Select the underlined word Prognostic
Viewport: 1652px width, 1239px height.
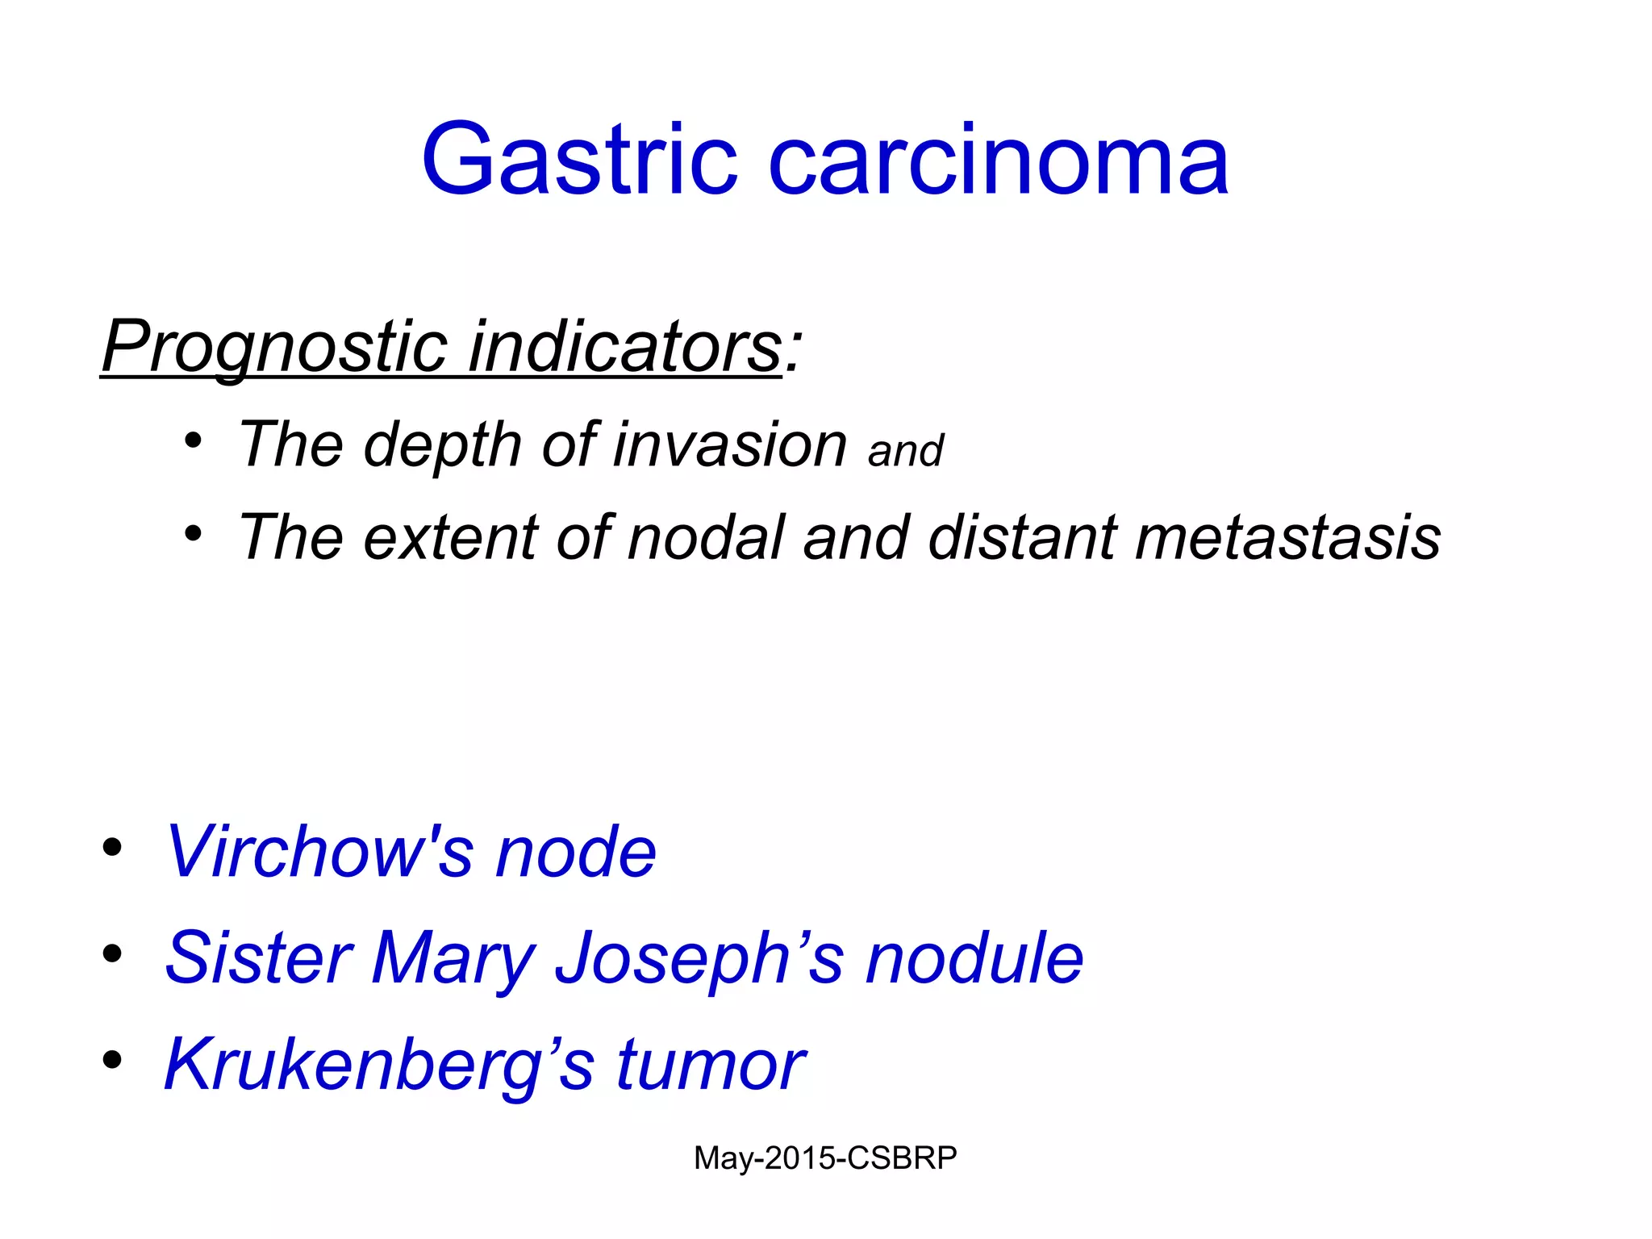(274, 347)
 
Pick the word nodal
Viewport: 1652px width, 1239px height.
(706, 537)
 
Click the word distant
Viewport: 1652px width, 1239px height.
(1023, 537)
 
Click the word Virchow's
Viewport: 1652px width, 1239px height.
(319, 852)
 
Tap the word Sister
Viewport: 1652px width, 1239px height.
(258, 957)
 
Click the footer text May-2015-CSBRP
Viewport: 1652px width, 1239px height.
(825, 1158)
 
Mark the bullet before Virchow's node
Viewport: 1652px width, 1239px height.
(112, 848)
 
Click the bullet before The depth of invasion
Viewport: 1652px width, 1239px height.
(193, 441)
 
